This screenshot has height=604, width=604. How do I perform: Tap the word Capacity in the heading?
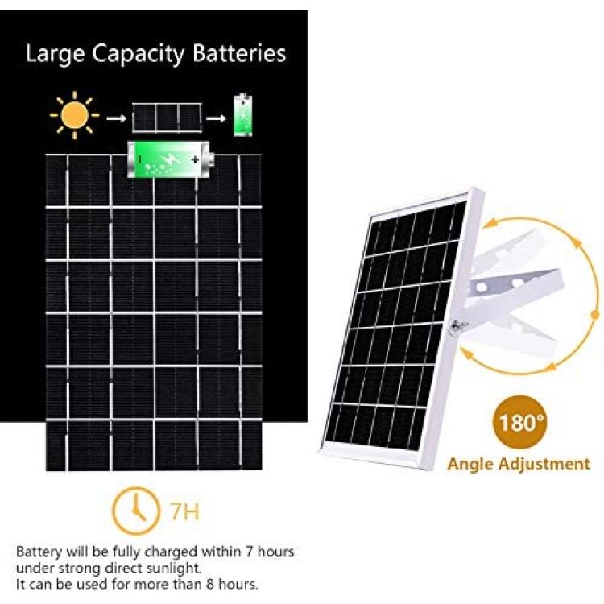[x=139, y=55]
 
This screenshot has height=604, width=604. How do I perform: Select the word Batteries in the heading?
[x=239, y=53]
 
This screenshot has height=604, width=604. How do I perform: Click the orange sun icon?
[x=74, y=115]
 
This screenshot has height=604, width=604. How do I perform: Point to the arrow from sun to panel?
[x=116, y=118]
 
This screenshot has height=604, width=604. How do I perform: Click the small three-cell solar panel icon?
[x=167, y=118]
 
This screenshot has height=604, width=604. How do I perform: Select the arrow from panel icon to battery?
[x=216, y=118]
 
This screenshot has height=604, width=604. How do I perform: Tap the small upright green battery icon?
[x=243, y=115]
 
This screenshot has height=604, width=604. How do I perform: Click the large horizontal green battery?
[x=171, y=159]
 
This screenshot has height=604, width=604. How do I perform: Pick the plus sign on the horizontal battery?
[x=196, y=159]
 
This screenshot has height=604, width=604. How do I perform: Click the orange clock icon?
[x=135, y=511]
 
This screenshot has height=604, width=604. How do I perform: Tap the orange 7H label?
[x=185, y=511]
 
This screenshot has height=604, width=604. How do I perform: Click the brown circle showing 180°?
[x=519, y=422]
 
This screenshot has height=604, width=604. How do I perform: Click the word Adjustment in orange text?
[x=544, y=464]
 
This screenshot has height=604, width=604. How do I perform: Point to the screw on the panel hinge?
[x=458, y=325]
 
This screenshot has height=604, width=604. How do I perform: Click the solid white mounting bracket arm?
[x=514, y=288]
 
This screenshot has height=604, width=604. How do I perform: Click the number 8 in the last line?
[x=209, y=585]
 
